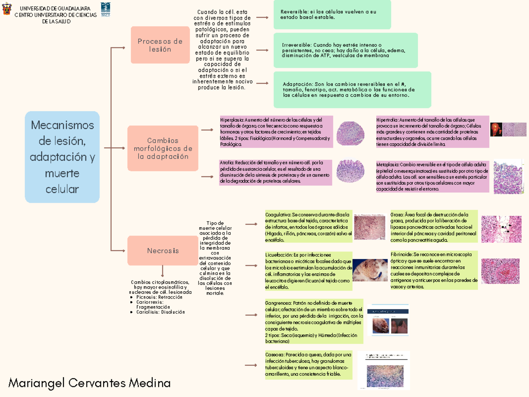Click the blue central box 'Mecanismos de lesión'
tap(62, 157)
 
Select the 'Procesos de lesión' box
tap(160, 45)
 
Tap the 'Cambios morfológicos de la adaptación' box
tap(163, 148)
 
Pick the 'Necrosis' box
tap(163, 251)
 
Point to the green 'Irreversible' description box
tap(346, 50)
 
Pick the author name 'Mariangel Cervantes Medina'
tap(89, 383)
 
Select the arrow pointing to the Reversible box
tap(262, 18)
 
